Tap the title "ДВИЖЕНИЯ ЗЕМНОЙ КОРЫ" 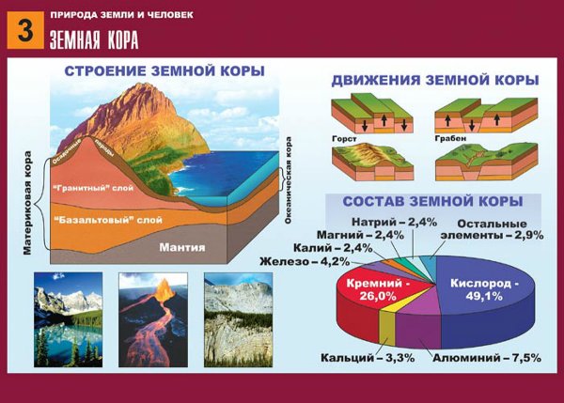435,81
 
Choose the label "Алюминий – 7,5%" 476,358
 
